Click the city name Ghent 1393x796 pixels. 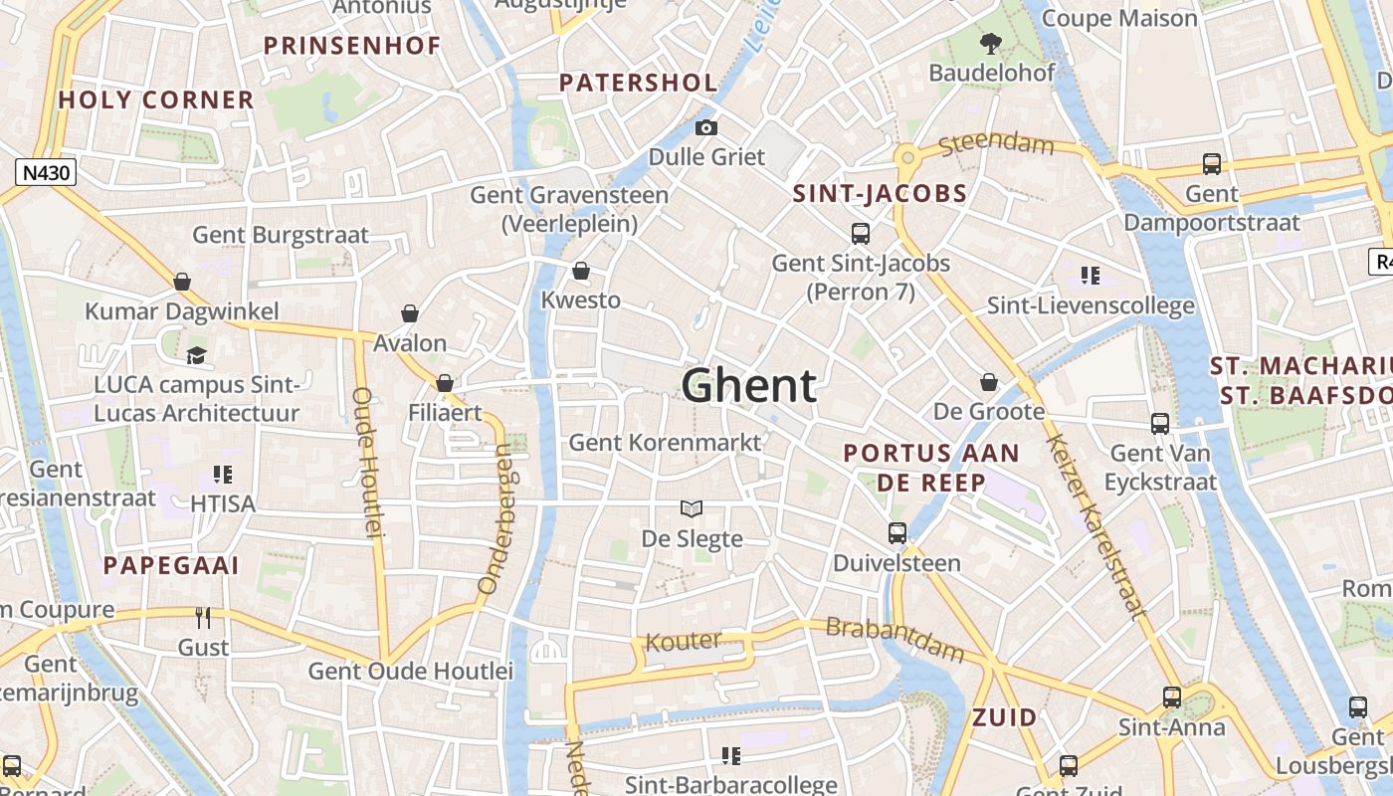click(749, 385)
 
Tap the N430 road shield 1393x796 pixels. click(46, 173)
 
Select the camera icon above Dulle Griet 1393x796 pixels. click(706, 127)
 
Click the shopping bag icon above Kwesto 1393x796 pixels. click(581, 271)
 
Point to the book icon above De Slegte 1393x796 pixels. click(692, 508)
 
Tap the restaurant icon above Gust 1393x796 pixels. click(203, 618)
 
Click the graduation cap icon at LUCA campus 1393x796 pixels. click(197, 355)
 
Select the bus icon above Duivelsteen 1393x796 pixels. click(896, 533)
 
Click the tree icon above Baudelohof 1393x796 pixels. click(990, 44)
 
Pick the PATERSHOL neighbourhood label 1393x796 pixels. click(638, 84)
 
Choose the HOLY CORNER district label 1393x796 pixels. click(156, 99)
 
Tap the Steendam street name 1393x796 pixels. click(996, 145)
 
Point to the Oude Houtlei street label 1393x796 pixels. click(367, 463)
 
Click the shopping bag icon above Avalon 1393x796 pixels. click(410, 314)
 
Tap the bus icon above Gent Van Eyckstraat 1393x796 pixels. click(1160, 424)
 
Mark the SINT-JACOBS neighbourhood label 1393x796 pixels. click(880, 194)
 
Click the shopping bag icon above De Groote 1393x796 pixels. click(989, 382)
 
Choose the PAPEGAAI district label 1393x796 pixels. click(171, 566)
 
